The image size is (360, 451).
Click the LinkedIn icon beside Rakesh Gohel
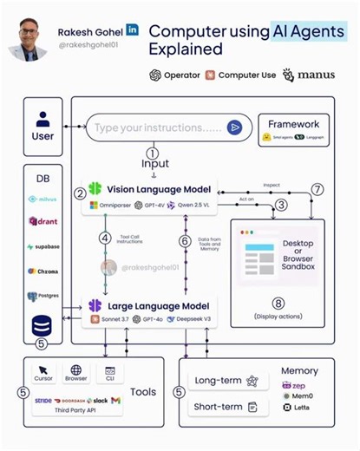click(x=132, y=29)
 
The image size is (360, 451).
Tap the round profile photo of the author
click(x=28, y=39)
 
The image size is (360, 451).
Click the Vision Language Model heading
click(x=154, y=188)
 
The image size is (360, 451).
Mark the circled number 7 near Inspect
click(x=318, y=189)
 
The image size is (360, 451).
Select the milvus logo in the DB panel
click(x=42, y=199)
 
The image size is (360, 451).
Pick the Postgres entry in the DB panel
click(x=42, y=297)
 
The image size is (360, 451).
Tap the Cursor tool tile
click(x=43, y=374)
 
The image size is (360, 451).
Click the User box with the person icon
click(x=43, y=127)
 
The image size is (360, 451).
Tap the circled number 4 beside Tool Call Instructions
click(x=104, y=237)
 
